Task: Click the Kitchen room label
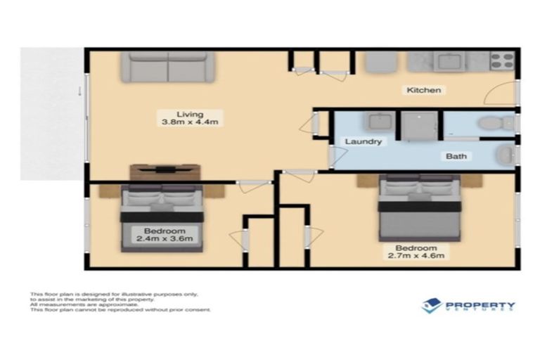[424, 90]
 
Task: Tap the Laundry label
[364, 141]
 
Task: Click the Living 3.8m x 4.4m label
[190, 118]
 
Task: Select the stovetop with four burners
[502, 61]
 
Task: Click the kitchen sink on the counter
[446, 62]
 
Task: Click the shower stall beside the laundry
[419, 125]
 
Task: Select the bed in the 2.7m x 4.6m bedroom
[419, 208]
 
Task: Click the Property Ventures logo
[468, 306]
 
